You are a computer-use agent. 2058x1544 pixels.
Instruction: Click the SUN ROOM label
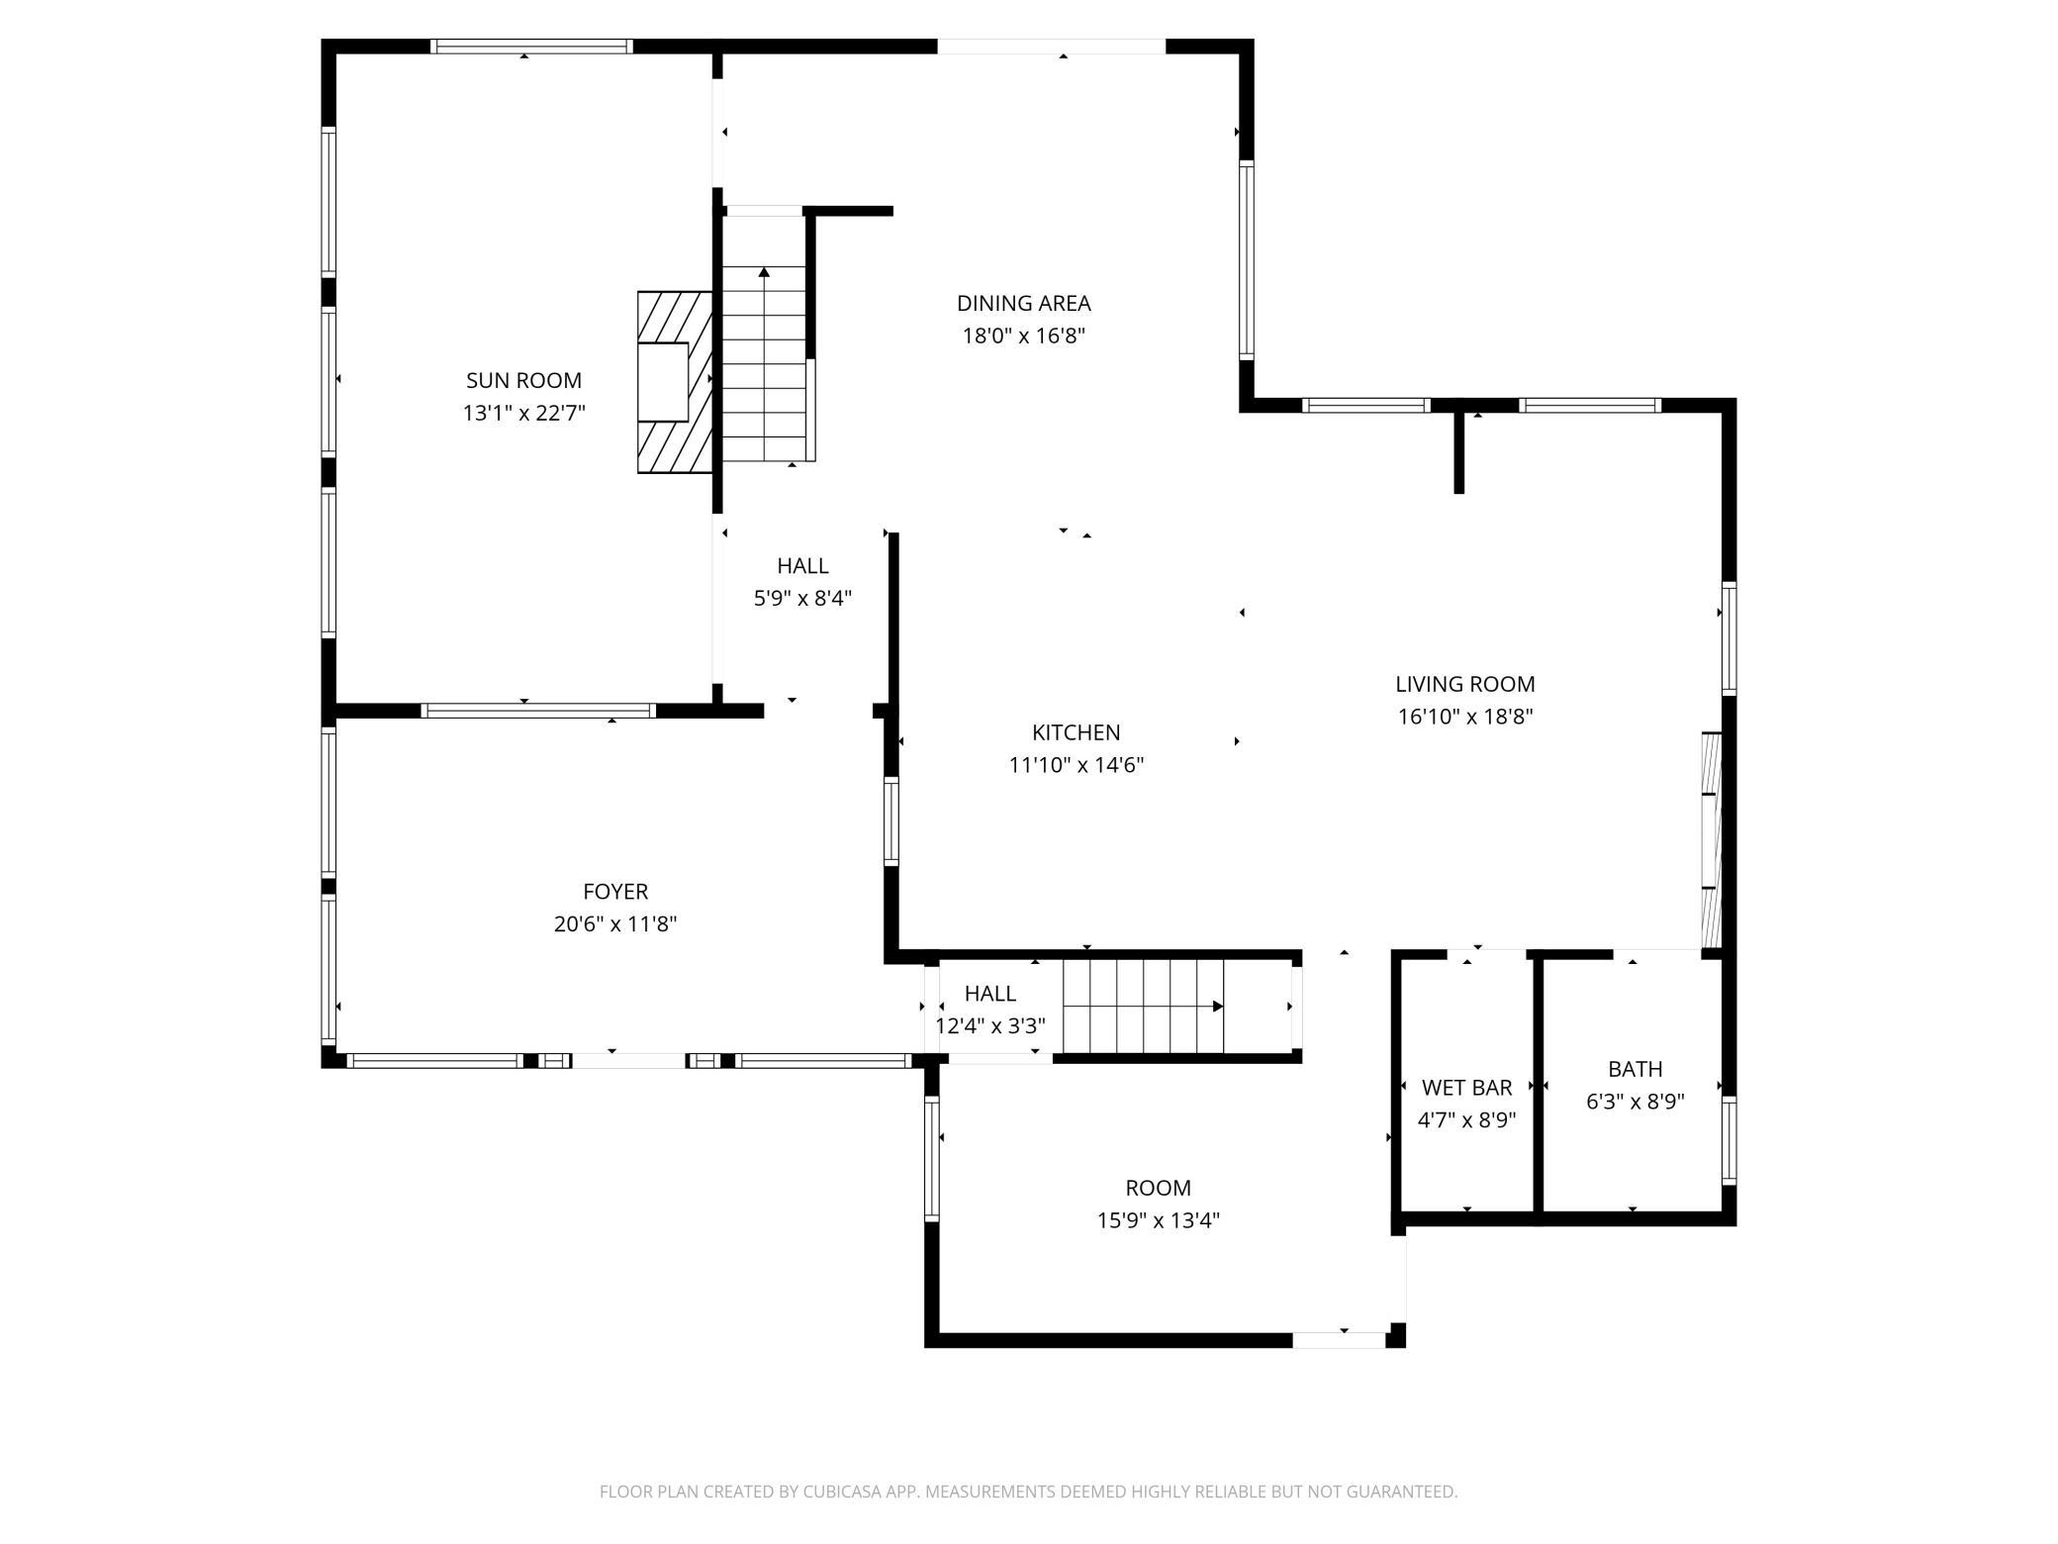(523, 380)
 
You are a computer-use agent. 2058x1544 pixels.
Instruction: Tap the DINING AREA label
(1023, 303)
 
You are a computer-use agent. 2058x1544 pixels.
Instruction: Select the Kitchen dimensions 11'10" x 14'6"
(1076, 765)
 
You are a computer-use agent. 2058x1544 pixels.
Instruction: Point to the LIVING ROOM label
(1464, 684)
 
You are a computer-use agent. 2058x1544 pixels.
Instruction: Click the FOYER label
(615, 892)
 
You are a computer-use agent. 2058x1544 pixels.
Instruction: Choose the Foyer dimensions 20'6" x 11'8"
(615, 924)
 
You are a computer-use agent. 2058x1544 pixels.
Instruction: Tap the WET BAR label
(1466, 1088)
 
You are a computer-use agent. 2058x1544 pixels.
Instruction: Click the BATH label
(1635, 1069)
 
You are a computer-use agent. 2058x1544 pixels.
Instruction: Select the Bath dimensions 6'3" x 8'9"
(1635, 1102)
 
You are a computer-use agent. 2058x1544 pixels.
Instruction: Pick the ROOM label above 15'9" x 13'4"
(1158, 1188)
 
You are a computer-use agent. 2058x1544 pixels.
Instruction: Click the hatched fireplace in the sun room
(675, 382)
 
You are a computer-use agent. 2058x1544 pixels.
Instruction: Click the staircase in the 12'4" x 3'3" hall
(1144, 1007)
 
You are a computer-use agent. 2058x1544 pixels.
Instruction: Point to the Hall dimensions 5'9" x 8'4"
(802, 599)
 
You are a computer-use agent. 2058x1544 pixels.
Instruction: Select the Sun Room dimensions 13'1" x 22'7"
(523, 413)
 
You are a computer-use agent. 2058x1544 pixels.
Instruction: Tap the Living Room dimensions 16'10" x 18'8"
(1464, 717)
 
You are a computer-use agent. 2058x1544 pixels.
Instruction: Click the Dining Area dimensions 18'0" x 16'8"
(1023, 336)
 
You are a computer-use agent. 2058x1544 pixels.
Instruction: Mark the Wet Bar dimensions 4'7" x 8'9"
(1466, 1120)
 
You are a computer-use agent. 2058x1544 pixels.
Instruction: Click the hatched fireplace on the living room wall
(1711, 840)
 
